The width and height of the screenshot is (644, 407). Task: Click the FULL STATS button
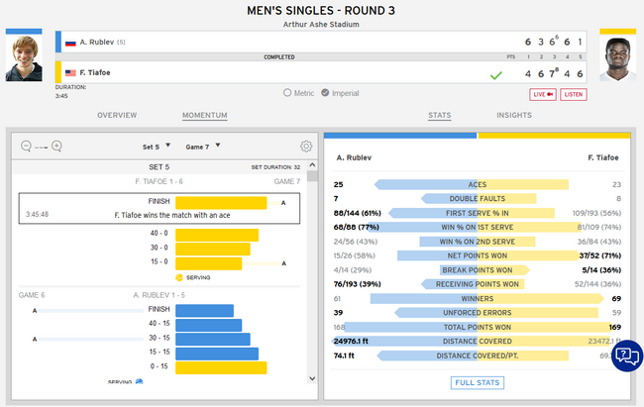point(478,382)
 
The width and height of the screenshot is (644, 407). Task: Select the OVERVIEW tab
point(117,115)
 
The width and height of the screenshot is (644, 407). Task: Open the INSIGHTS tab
point(514,115)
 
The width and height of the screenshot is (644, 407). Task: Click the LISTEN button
point(574,94)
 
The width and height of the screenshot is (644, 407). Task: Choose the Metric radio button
point(287,93)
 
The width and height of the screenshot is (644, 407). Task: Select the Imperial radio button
point(341,93)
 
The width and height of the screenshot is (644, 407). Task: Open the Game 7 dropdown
point(202,147)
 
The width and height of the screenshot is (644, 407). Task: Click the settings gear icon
point(307,147)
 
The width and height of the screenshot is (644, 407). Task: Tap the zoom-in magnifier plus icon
point(56,147)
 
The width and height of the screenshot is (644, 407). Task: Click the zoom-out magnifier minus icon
point(26,147)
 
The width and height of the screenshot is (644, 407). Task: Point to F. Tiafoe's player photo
point(617,57)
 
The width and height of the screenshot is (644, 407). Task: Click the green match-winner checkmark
point(496,74)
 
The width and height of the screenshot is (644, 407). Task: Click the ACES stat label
point(478,185)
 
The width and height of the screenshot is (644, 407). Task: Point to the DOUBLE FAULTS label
point(478,199)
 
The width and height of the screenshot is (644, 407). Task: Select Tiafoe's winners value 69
point(616,297)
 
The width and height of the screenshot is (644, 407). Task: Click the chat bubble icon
point(626,356)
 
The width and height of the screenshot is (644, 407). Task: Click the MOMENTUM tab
point(206,115)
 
